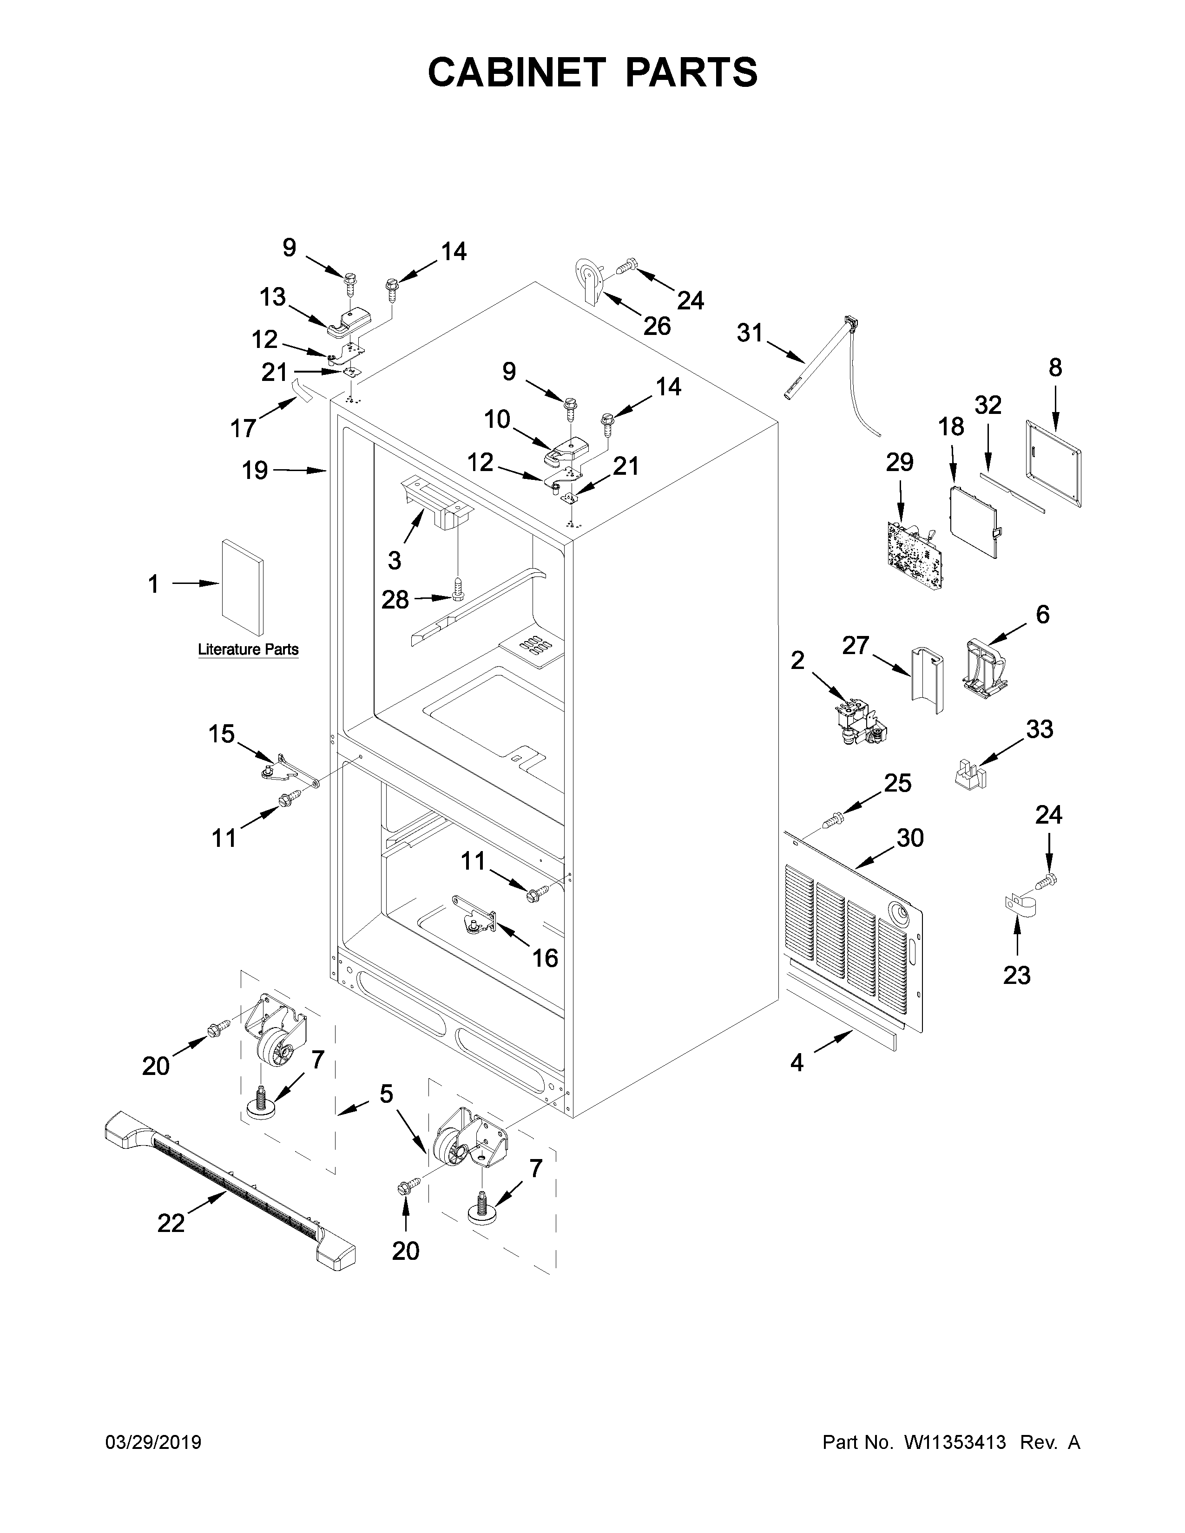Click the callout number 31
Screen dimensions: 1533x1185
749,332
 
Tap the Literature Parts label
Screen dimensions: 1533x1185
248,649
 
